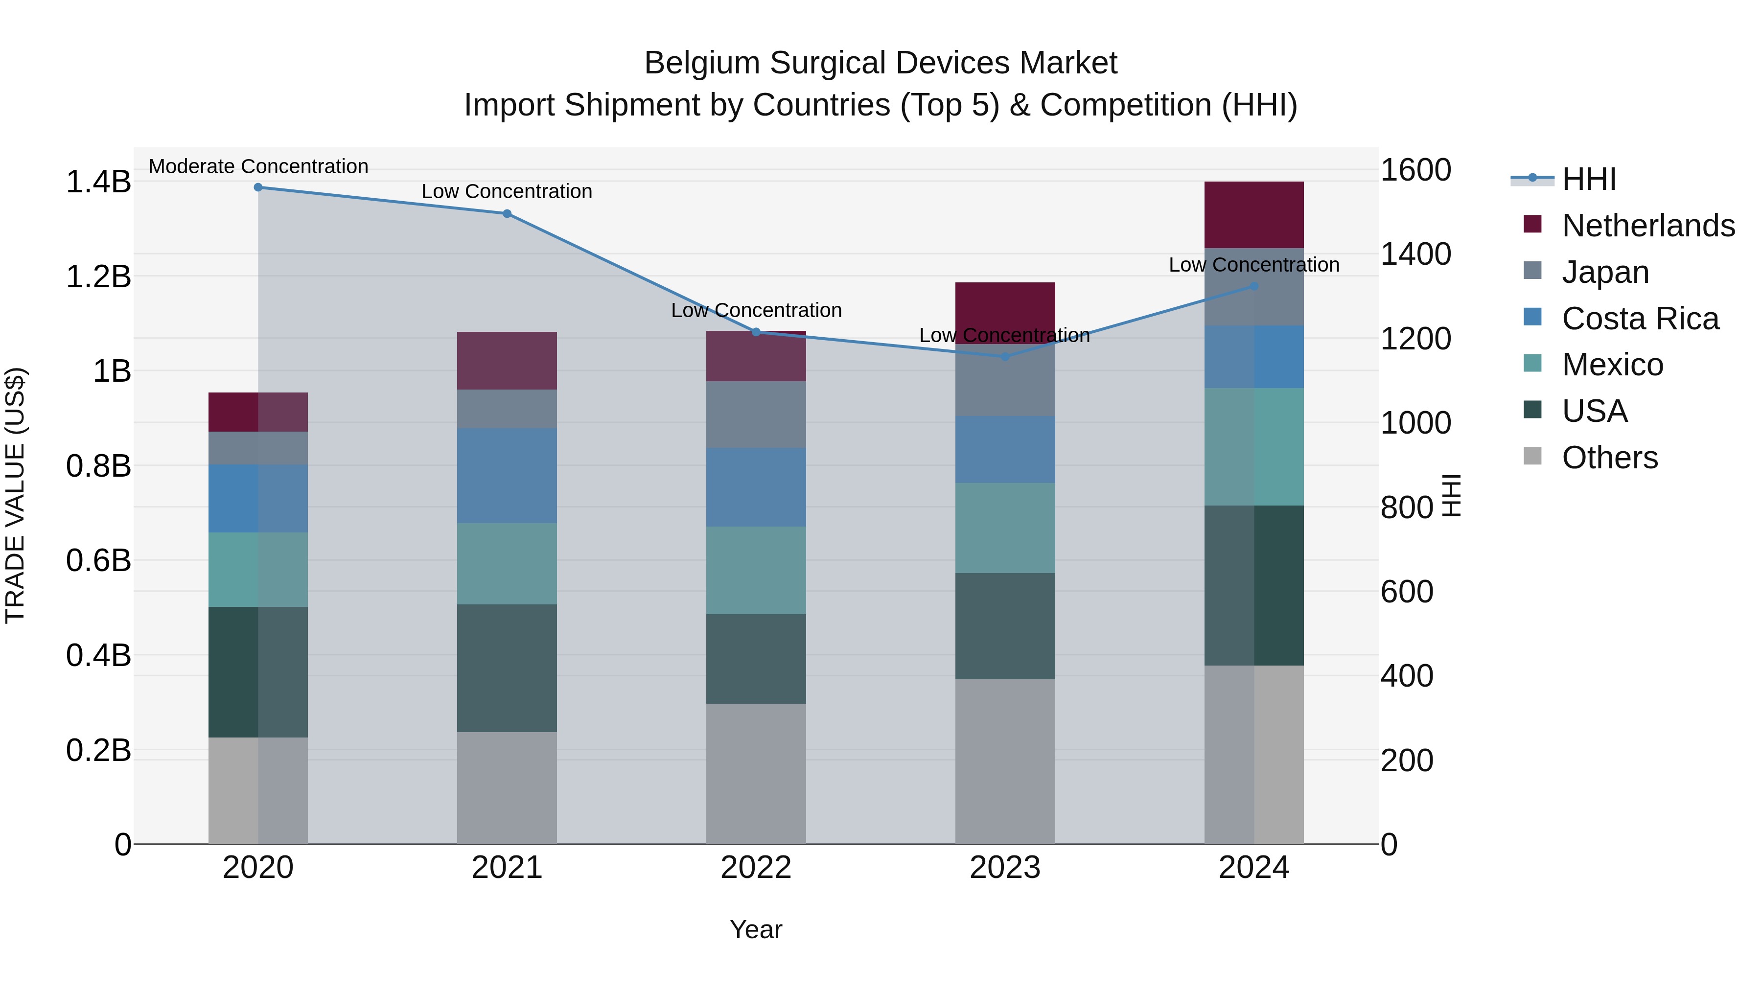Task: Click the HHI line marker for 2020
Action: [x=258, y=187]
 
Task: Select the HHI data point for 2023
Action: [x=1005, y=356]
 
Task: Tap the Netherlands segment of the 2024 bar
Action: [x=1254, y=215]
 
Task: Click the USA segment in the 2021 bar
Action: [x=507, y=668]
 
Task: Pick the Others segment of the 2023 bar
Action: [x=1005, y=761]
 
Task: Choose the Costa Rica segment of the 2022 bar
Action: [x=756, y=487]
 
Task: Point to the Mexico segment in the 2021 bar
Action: [x=507, y=564]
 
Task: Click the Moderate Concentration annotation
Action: [x=258, y=166]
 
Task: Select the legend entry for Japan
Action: [x=1605, y=272]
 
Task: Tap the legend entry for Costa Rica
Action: [x=1640, y=319]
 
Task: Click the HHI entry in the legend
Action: [x=1588, y=179]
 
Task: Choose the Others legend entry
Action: [x=1609, y=458]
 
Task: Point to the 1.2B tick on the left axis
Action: [x=98, y=277]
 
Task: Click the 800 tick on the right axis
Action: [x=1406, y=507]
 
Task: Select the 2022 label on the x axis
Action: [x=756, y=868]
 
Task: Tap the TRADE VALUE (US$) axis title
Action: [x=15, y=495]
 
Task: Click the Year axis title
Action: [x=756, y=929]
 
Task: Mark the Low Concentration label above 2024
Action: [x=1254, y=265]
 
